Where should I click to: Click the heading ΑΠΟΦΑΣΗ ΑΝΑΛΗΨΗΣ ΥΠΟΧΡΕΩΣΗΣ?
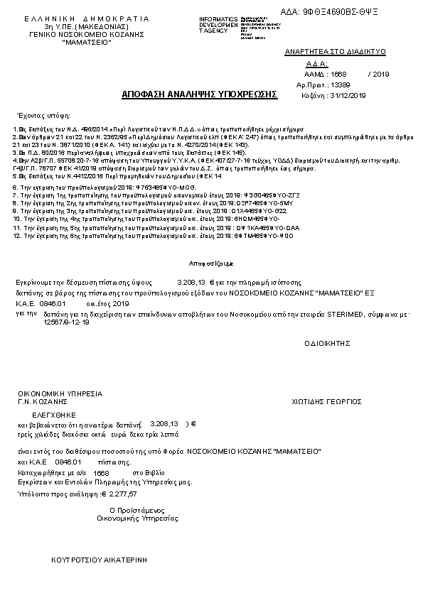tap(199, 94)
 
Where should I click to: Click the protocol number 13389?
tap(352, 85)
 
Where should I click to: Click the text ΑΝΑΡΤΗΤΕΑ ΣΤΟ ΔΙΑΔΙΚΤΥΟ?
tap(334, 53)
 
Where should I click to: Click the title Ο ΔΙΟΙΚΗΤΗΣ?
tap(328, 342)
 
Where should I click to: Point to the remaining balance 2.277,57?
tap(122, 492)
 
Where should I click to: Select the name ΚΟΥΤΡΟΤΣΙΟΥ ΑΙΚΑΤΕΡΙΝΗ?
tap(99, 560)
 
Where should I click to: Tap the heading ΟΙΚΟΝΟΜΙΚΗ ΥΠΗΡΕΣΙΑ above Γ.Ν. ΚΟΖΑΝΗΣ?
tap(60, 393)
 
